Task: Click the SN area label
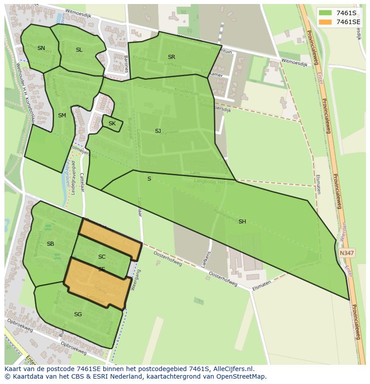[41, 48]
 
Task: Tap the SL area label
[79, 50]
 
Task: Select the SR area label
[172, 57]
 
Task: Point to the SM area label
[62, 116]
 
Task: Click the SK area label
[112, 124]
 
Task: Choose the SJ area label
[158, 131]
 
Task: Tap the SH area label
[242, 222]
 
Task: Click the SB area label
[50, 244]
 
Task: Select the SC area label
[102, 257]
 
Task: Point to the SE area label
[102, 269]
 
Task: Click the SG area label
[78, 314]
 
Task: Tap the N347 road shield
[347, 252]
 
